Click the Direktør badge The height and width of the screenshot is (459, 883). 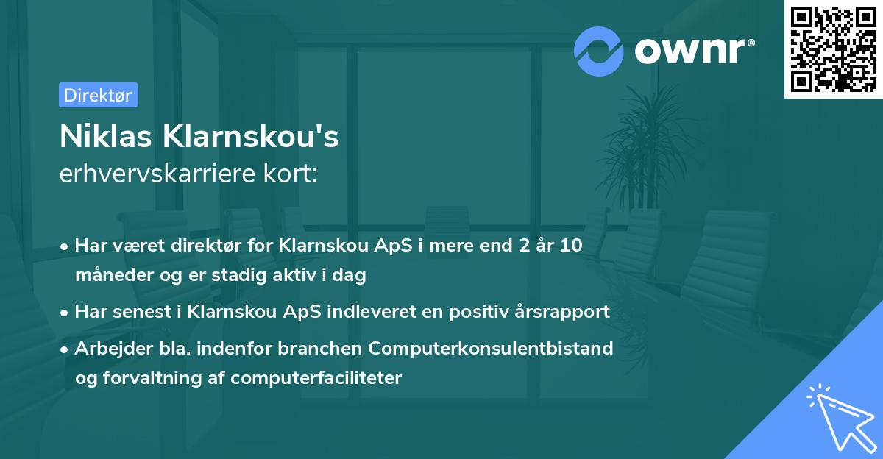(x=98, y=95)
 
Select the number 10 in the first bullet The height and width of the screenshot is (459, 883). (x=571, y=246)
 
